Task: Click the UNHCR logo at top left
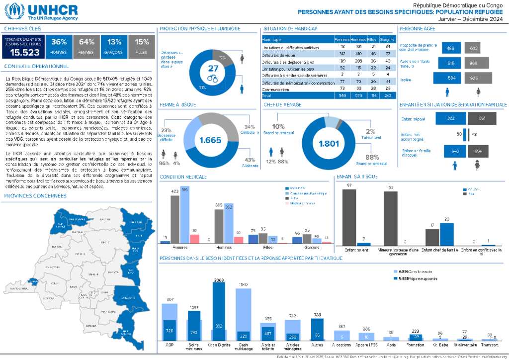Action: pos(42,11)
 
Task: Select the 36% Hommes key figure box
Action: pos(59,45)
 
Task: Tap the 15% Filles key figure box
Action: pos(142,45)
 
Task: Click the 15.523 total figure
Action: pos(25,52)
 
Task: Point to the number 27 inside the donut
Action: pos(213,69)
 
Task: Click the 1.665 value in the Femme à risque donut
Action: pos(210,141)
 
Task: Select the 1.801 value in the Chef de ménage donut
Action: pos(328,144)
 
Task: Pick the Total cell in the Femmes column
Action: pos(342,95)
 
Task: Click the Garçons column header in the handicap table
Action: pos(387,39)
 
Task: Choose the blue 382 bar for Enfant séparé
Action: pos(450,118)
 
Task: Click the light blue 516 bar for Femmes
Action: pos(185,215)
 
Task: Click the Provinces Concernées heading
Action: pos(30,195)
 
